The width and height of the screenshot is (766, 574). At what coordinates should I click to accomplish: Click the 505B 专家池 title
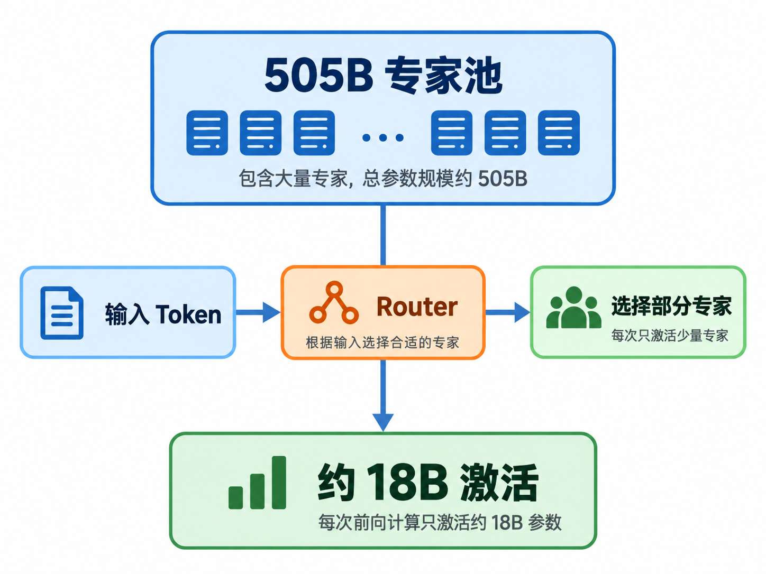(383, 75)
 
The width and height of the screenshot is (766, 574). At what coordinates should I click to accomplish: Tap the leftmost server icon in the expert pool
(207, 133)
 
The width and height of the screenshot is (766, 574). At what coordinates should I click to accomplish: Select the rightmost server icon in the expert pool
(559, 133)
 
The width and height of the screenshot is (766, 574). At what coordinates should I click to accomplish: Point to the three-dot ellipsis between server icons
(383, 137)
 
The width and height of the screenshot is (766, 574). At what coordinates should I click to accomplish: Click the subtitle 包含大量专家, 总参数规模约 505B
(383, 179)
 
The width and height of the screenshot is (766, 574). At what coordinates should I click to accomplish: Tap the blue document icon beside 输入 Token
(62, 312)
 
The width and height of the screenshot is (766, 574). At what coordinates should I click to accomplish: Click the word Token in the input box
(188, 314)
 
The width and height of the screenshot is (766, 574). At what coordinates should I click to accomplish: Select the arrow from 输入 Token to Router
(258, 312)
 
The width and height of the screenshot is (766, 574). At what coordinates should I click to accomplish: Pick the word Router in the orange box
(417, 307)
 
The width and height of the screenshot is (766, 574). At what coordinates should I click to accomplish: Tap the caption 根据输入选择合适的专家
(382, 342)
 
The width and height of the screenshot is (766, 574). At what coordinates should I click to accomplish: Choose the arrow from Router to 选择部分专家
(508, 312)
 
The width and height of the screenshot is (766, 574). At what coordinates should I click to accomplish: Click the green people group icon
(573, 308)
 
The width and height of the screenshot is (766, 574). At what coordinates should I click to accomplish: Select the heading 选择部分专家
(671, 305)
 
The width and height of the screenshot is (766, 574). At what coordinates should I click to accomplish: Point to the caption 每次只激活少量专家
(670, 335)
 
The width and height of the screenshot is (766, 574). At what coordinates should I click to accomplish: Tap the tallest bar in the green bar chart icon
(279, 483)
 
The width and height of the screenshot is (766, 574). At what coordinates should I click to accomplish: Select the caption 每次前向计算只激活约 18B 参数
(440, 522)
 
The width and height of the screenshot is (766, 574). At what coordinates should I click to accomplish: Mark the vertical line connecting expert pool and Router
(383, 235)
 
